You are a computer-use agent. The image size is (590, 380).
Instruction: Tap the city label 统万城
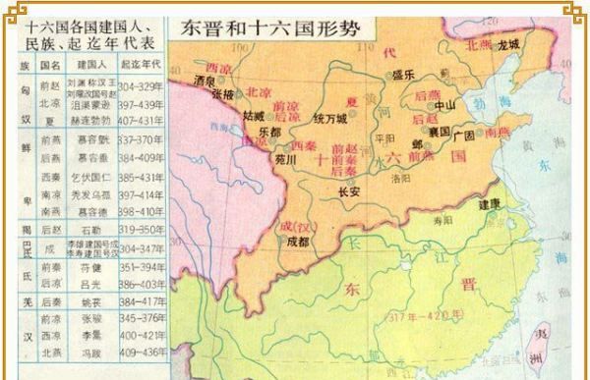point(329,118)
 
